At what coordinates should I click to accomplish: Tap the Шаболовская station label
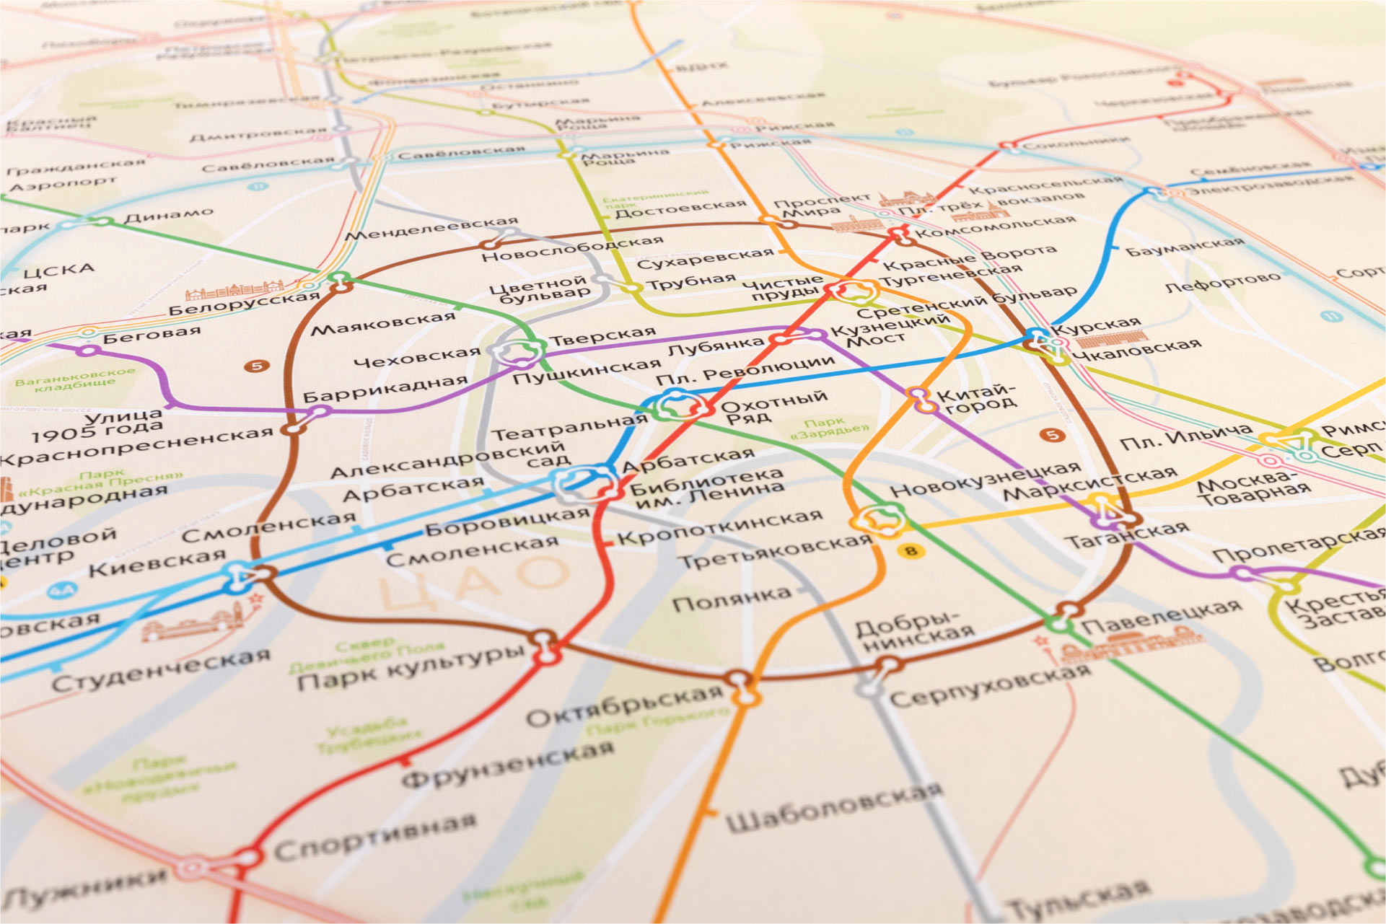tap(833, 807)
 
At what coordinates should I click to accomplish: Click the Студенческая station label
tap(161, 670)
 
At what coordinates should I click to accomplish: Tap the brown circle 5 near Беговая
tap(256, 366)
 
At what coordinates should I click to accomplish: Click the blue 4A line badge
tap(61, 591)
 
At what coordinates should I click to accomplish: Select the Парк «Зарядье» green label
tap(828, 427)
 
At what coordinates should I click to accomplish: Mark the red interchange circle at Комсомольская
tap(898, 233)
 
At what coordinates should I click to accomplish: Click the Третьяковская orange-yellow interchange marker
tap(878, 519)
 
